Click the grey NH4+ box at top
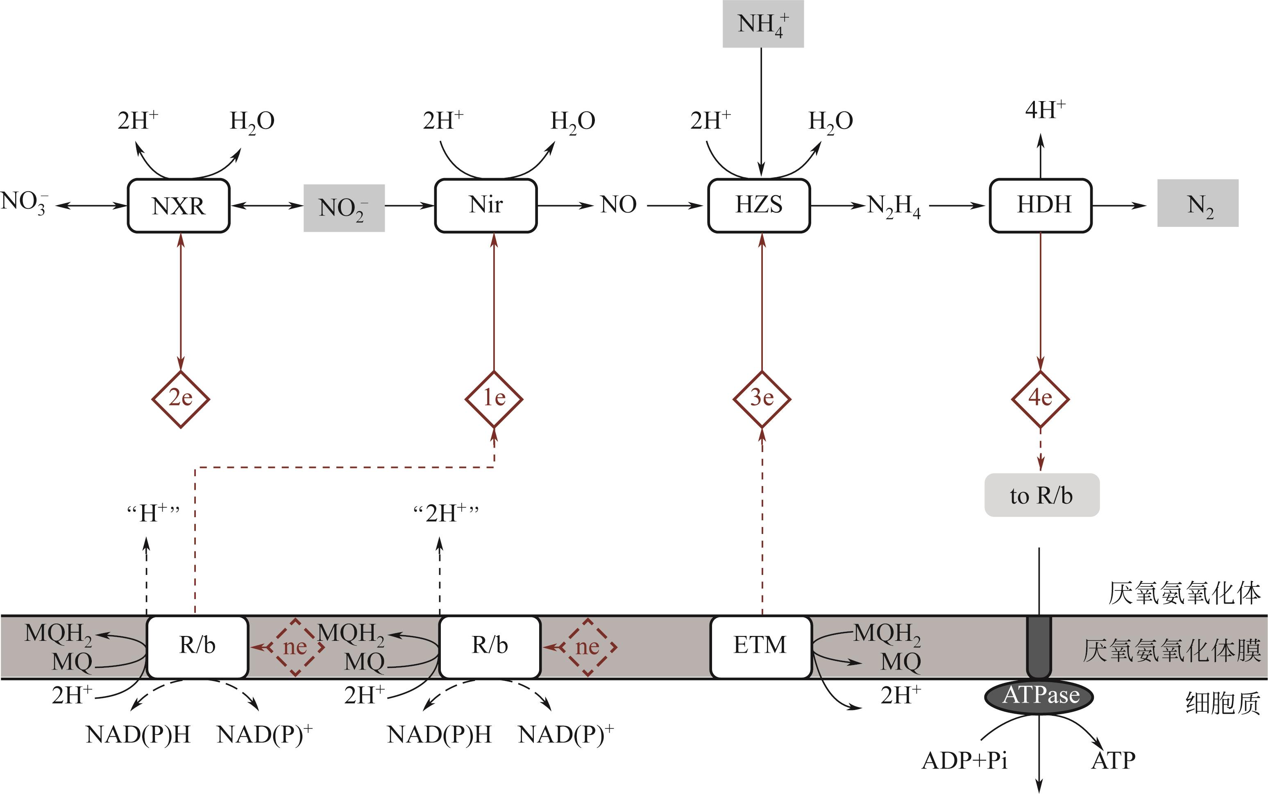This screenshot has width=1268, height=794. click(763, 24)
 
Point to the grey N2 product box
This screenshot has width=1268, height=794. click(1198, 203)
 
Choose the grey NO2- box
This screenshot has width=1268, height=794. click(344, 208)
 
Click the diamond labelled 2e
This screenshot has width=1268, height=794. click(181, 399)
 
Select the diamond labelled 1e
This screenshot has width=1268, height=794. click(494, 399)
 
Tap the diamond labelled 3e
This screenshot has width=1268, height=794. click(762, 399)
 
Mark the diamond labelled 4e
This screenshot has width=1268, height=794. click(1040, 399)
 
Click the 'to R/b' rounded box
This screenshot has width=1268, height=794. click(1041, 495)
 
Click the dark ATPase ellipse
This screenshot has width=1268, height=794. click(1039, 696)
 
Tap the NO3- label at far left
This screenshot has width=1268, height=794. click(24, 202)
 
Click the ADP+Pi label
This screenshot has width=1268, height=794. click(964, 760)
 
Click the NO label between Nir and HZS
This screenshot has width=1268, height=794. click(618, 205)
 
